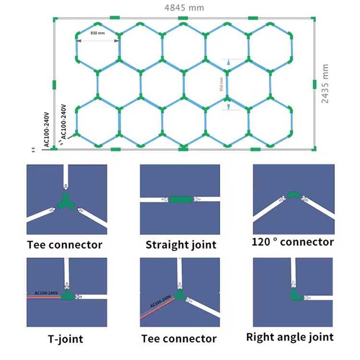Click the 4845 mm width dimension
184,8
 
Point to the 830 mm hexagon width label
97,34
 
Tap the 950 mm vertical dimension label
221,84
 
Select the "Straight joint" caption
181,245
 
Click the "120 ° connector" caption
292,242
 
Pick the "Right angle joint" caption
289,336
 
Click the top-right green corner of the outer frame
314,18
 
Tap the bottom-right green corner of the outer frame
314,148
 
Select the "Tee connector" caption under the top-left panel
64,245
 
